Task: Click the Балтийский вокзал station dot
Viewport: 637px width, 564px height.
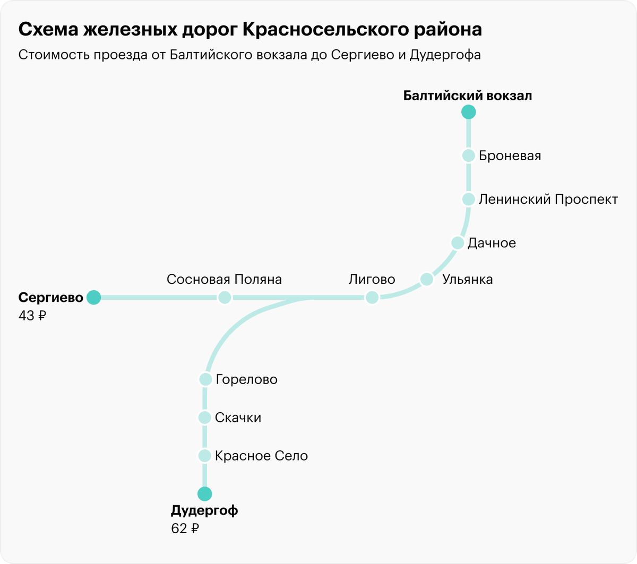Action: pyautogui.click(x=468, y=112)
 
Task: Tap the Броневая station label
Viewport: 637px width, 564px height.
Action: pyautogui.click(x=510, y=156)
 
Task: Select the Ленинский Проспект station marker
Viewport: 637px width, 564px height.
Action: pyautogui.click(x=468, y=199)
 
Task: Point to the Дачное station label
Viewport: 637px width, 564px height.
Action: pyautogui.click(x=492, y=243)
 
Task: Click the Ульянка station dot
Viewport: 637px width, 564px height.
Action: pyautogui.click(x=427, y=279)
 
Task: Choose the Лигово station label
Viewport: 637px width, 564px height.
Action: pyautogui.click(x=372, y=280)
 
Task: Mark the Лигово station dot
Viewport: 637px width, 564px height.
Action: pyautogui.click(x=372, y=298)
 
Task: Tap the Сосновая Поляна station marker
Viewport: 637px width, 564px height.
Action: pyautogui.click(x=225, y=298)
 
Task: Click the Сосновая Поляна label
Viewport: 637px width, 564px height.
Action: pyautogui.click(x=224, y=280)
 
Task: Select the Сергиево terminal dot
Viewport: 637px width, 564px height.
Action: pyautogui.click(x=94, y=298)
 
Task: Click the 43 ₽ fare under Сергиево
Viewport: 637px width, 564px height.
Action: pyautogui.click(x=32, y=316)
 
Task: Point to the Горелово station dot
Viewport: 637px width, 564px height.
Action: pyautogui.click(x=205, y=379)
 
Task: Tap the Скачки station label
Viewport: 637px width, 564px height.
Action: pyautogui.click(x=238, y=418)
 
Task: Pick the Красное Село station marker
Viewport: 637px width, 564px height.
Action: pyautogui.click(x=205, y=456)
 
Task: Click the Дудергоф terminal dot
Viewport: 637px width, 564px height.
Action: pyautogui.click(x=204, y=494)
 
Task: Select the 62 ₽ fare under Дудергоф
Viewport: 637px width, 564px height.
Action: pyautogui.click(x=185, y=528)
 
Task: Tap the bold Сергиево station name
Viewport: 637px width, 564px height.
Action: pyautogui.click(x=51, y=298)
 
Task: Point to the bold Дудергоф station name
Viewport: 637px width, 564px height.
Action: pyautogui.click(x=204, y=511)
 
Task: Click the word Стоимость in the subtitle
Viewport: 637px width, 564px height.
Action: pyautogui.click(x=55, y=55)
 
